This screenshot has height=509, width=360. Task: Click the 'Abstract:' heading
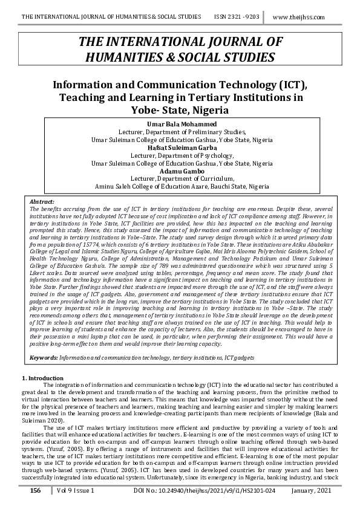42,201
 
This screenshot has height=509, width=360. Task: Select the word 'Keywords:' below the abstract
44,358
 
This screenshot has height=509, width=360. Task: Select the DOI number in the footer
199,491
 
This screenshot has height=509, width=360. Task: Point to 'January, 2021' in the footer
318,491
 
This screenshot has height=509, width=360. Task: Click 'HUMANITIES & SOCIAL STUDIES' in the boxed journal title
180,57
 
